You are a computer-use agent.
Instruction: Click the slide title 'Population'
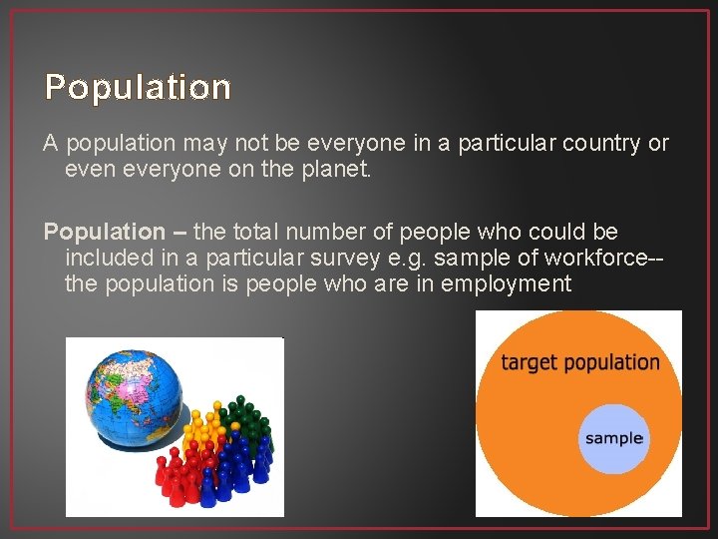coord(138,88)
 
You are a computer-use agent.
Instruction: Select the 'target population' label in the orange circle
coord(580,362)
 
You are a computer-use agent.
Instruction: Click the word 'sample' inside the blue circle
coord(614,438)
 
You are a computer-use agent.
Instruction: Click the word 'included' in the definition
coord(107,259)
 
